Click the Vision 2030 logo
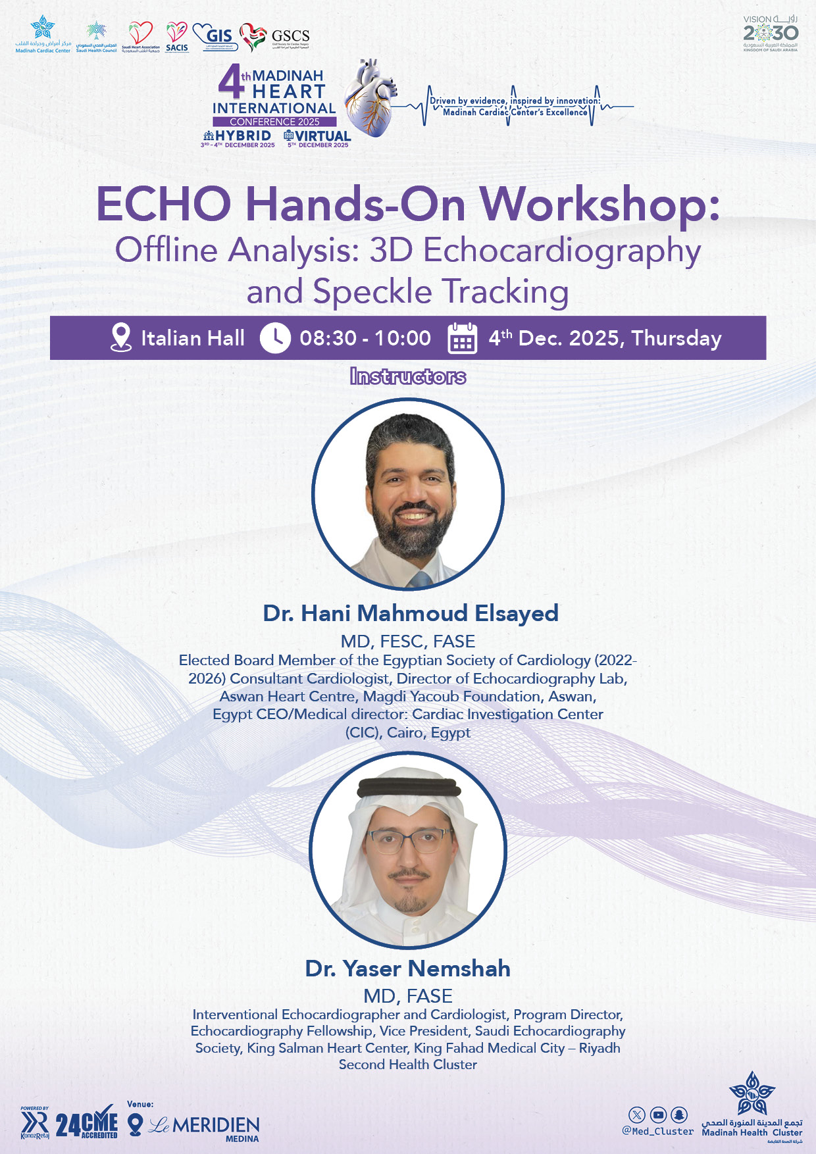[771, 33]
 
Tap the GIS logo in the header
[215, 36]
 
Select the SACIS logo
[176, 38]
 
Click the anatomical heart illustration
[370, 99]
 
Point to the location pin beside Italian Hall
[120, 338]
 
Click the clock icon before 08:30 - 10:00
[275, 338]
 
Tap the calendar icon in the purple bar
[462, 338]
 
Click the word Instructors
[408, 376]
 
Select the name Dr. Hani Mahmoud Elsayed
[411, 613]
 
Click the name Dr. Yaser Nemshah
[408, 968]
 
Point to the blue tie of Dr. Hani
[419, 580]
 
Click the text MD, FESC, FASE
[408, 641]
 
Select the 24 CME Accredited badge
[86, 1125]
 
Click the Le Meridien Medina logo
[204, 1127]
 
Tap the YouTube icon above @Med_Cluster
[658, 1115]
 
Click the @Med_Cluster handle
[658, 1132]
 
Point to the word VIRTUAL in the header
[322, 136]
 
